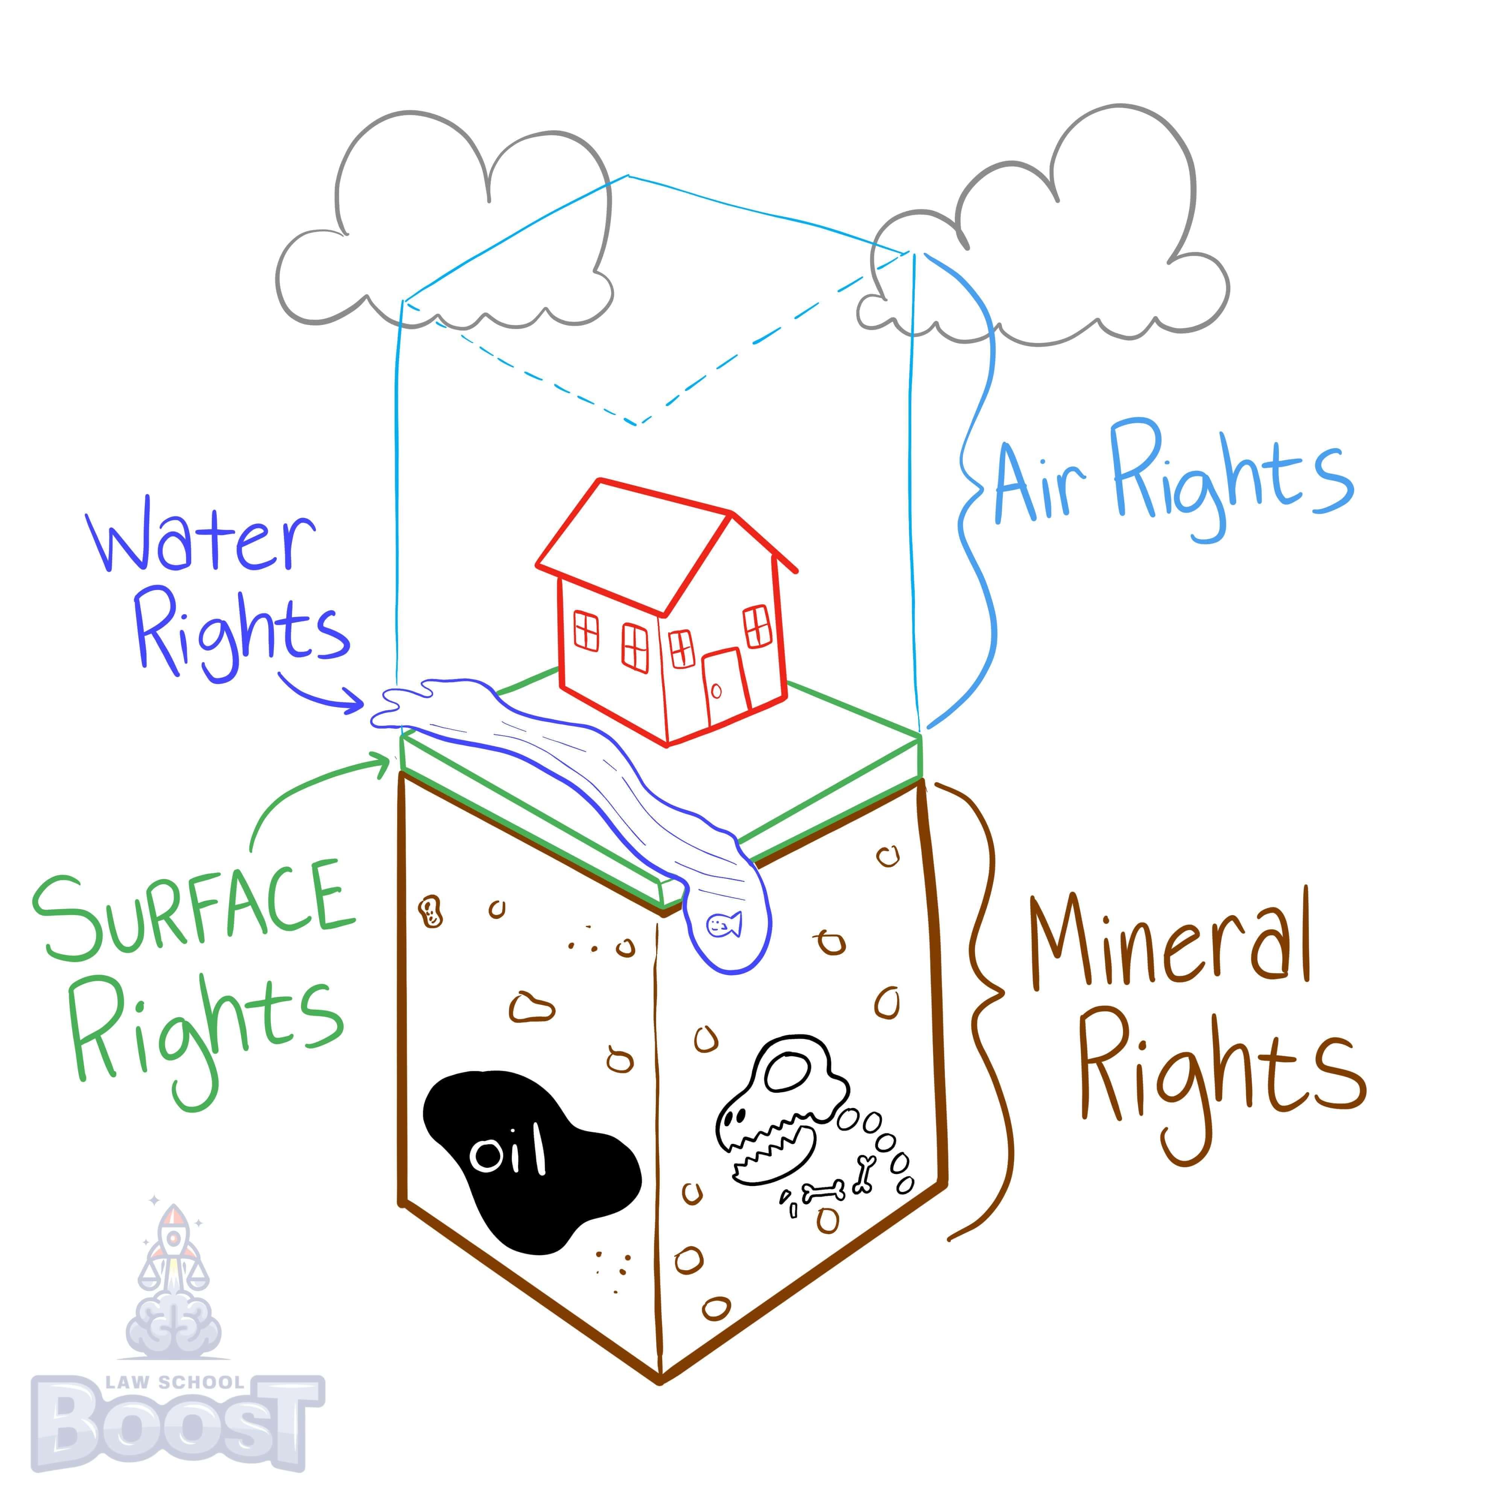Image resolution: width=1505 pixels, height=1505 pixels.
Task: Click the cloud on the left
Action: [x=444, y=234]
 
